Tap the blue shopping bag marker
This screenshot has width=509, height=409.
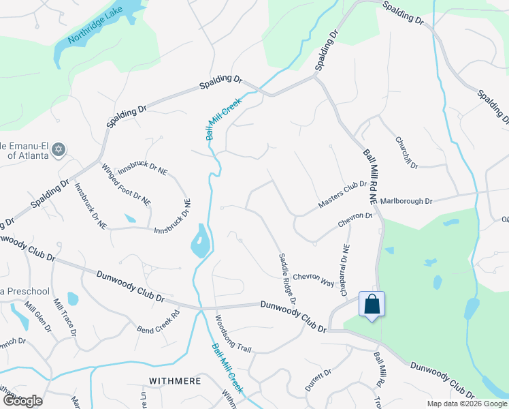pos(372,304)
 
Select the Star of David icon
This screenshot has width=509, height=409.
pos(59,149)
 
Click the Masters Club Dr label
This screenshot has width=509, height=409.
pos(342,195)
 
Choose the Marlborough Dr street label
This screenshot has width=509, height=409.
pos(406,201)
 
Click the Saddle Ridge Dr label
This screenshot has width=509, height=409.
pos(287,278)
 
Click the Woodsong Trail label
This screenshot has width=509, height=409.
pos(233,333)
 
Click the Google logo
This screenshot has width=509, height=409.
pos(22,400)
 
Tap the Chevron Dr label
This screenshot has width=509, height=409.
pos(355,220)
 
